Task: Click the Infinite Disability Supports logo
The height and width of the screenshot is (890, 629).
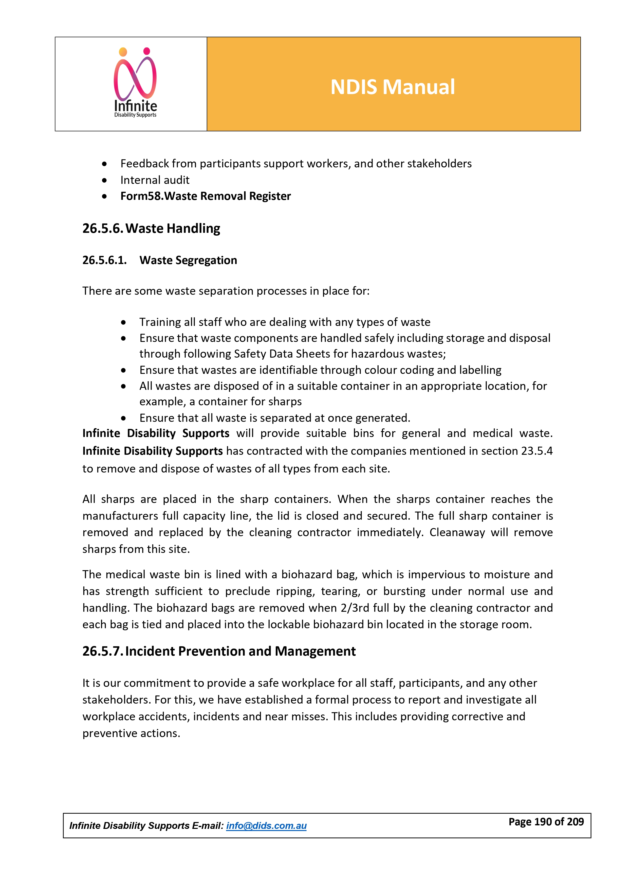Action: pyautogui.click(x=135, y=83)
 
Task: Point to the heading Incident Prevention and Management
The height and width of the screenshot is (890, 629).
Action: pyautogui.click(x=240, y=651)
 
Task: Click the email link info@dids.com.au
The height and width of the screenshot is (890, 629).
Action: pyautogui.click(x=266, y=826)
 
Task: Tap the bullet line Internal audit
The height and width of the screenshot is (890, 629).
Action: pyautogui.click(x=155, y=180)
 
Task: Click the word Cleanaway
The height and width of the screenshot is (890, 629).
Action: pyautogui.click(x=457, y=533)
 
